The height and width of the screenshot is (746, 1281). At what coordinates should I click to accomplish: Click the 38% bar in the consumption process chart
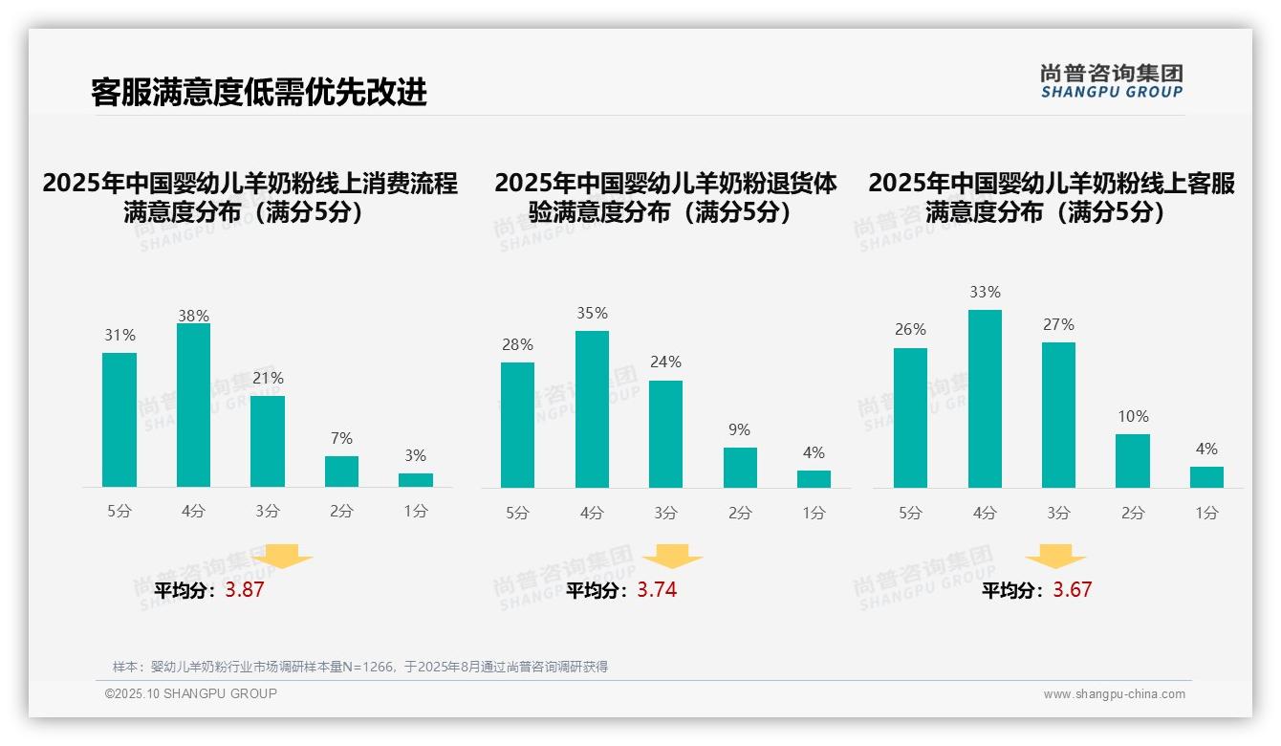(x=193, y=406)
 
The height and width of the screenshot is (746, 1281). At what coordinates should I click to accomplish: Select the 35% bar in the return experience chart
(x=592, y=409)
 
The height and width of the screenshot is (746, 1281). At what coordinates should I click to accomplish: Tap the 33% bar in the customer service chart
(x=985, y=399)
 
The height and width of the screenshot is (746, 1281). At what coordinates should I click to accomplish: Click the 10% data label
(x=1133, y=416)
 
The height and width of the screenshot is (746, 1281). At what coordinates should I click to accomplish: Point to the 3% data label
(x=415, y=455)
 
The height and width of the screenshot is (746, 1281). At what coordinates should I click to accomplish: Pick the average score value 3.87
(x=245, y=590)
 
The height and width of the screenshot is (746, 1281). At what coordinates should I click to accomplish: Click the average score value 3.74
(x=657, y=590)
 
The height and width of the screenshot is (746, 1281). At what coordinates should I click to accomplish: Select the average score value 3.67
(x=1072, y=590)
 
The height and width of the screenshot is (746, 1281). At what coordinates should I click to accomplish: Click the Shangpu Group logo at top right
(x=1112, y=80)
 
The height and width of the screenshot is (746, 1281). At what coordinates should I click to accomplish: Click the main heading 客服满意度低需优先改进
(x=258, y=92)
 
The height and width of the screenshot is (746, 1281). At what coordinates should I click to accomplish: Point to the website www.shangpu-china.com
(x=1114, y=694)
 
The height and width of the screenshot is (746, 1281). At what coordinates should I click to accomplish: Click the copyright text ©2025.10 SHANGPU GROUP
(x=191, y=694)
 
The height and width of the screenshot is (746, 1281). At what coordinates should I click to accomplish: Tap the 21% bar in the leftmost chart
(x=268, y=442)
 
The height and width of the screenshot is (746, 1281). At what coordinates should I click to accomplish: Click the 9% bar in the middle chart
(x=740, y=468)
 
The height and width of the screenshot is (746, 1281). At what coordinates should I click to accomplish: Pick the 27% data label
(x=1058, y=324)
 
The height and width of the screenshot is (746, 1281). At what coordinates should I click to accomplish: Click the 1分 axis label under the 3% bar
(x=415, y=512)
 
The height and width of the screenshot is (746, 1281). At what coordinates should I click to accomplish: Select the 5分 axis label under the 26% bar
(x=910, y=514)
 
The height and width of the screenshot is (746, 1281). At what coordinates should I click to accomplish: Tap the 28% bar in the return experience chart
(x=517, y=425)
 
